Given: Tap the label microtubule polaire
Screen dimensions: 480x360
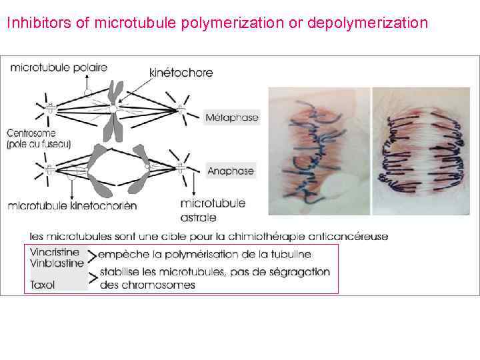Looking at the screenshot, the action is coord(59,67).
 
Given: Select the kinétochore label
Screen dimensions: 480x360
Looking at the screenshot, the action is coord(181,72).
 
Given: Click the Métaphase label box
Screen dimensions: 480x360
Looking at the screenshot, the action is coord(231,118).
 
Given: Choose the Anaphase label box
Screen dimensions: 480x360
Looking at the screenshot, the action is coord(231,171).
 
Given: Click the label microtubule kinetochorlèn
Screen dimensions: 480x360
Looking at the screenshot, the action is coord(72,206).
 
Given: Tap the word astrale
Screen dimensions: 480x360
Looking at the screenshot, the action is coord(198,217).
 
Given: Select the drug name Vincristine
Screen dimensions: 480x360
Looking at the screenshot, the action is coord(55,253).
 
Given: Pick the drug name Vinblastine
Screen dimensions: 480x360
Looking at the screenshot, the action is coord(57,263).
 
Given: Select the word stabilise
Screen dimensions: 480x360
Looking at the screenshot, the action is coord(120,271).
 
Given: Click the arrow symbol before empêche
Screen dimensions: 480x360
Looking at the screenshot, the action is coord(93,255).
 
